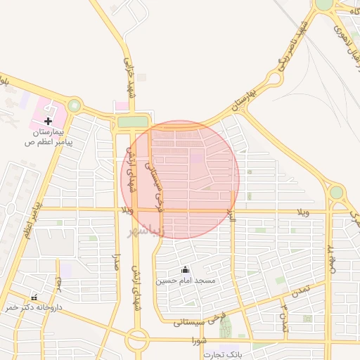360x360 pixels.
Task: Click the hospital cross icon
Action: [x=49, y=121]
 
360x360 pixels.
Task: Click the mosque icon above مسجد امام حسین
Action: [x=186, y=269]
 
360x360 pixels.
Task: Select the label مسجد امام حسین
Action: [x=185, y=281]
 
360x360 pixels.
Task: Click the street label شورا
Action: [x=199, y=340]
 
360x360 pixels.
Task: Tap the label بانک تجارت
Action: [x=223, y=354]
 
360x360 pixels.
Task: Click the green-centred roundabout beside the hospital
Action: [x=74, y=106]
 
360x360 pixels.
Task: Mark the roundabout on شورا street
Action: [x=137, y=340]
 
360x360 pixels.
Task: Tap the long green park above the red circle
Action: [x=133, y=122]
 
